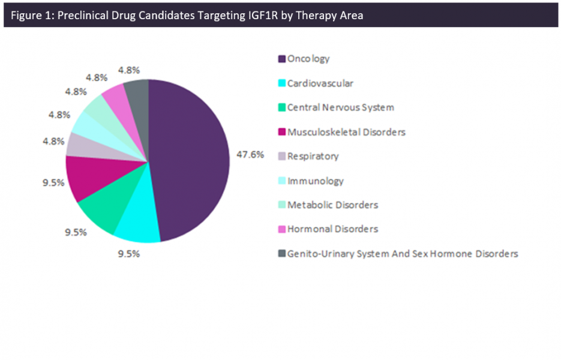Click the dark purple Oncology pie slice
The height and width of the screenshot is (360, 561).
coord(189,159)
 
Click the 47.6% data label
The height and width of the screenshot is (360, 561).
coord(250,154)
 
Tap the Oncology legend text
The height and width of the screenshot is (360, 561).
coord(308,59)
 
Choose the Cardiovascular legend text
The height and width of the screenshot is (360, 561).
coord(320,83)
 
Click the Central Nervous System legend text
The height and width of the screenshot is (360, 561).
coord(340,107)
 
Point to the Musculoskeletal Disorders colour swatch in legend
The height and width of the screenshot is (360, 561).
coord(281,132)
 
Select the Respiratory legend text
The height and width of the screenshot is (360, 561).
coord(313,157)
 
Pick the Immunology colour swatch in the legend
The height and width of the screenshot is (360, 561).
coord(281,181)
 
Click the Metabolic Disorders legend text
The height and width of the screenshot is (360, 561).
coord(332,205)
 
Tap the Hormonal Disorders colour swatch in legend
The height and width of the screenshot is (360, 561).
coord(281,229)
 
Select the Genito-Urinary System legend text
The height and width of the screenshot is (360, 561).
coord(402,254)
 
